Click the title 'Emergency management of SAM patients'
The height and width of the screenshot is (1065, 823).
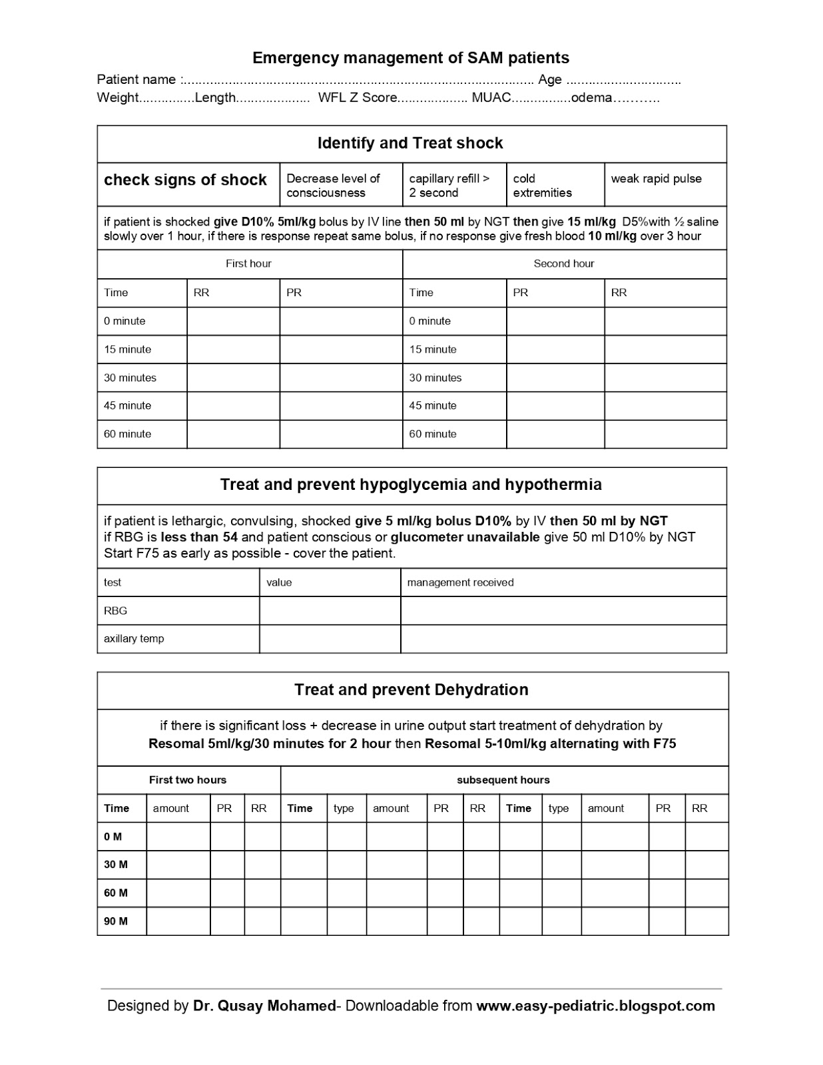coord(410,58)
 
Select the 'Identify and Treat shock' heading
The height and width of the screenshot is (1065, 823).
coord(410,143)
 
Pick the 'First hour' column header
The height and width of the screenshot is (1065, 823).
coord(248,264)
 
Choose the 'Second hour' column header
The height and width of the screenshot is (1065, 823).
coord(563,264)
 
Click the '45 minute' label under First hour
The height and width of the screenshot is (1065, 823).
coord(127,405)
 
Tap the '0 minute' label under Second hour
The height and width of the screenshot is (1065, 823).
coord(429,321)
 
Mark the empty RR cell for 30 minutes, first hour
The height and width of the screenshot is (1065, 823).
coord(233,377)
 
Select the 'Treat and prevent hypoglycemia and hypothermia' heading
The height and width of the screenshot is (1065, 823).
coord(411,485)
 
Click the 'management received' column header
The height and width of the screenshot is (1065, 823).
coord(460,582)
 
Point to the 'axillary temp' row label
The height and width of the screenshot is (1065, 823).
coord(134,638)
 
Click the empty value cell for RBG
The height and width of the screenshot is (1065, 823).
coord(330,610)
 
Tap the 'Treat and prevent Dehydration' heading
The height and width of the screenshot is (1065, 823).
coord(411,690)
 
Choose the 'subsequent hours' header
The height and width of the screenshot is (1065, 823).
coord(503,780)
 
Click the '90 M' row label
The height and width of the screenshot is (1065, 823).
coord(116,921)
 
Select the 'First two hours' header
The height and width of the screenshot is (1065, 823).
coord(188,780)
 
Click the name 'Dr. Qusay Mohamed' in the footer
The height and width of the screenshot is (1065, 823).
coord(264,1006)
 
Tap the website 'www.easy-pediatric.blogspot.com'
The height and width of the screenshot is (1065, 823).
coord(595,1006)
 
